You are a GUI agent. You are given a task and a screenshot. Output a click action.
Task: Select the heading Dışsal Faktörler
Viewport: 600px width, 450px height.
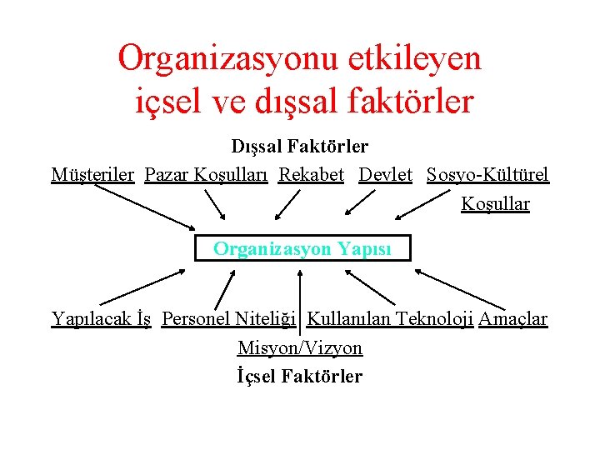click(x=299, y=147)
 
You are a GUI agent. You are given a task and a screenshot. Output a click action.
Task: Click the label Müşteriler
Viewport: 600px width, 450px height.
click(x=92, y=175)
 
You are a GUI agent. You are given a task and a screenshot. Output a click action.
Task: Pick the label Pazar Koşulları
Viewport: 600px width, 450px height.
click(x=206, y=175)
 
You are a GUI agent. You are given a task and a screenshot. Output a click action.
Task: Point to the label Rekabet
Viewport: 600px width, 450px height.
click(x=311, y=175)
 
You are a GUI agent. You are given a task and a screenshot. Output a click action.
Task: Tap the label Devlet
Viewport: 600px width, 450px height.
click(x=386, y=175)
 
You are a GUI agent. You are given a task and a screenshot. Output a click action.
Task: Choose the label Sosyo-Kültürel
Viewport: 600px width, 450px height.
click(x=487, y=175)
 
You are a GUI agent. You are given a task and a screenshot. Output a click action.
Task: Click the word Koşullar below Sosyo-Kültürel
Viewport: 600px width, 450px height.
click(x=495, y=204)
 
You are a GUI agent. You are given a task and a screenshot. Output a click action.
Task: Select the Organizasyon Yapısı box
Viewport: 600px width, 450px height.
click(x=302, y=248)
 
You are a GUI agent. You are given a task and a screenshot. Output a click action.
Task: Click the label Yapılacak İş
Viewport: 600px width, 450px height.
click(x=101, y=318)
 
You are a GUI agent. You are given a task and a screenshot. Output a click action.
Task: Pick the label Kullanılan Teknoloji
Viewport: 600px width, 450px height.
click(x=390, y=318)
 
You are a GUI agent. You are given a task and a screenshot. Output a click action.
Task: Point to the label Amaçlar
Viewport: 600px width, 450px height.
click(x=513, y=318)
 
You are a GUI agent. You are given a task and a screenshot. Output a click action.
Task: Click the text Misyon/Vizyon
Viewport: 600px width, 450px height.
click(x=300, y=347)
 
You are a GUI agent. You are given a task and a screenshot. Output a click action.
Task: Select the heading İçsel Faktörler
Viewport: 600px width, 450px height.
click(x=300, y=376)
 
